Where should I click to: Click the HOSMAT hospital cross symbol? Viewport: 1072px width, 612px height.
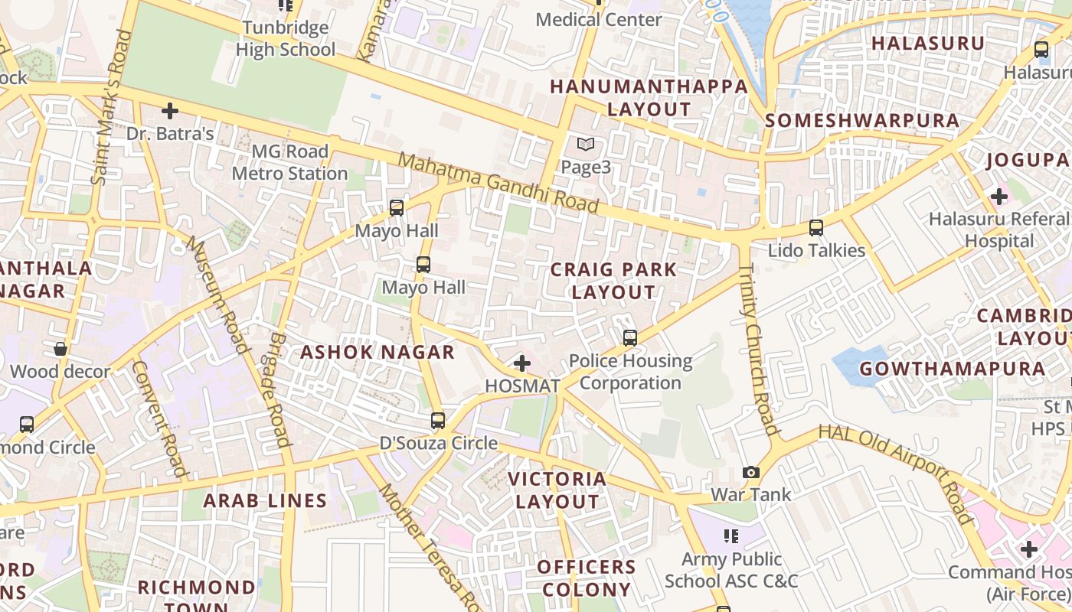(x=522, y=363)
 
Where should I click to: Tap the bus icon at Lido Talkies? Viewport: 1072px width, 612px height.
(x=816, y=227)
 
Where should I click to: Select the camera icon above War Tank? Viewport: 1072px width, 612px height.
(x=751, y=472)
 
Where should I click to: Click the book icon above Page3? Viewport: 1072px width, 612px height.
(x=586, y=144)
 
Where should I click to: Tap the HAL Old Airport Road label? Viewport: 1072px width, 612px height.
(x=895, y=474)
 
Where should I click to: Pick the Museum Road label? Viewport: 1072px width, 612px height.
(x=219, y=295)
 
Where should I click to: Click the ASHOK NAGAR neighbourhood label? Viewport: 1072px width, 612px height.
(x=377, y=352)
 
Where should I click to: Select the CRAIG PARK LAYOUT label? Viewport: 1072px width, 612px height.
(x=613, y=281)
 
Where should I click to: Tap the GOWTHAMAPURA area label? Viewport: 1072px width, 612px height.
(x=952, y=369)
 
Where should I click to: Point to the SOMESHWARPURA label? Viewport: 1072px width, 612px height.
(x=861, y=120)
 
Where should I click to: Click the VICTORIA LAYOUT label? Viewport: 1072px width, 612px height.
(x=557, y=490)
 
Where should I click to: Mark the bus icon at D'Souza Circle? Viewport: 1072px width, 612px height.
(x=438, y=420)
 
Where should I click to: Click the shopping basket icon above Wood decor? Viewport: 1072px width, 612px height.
(x=60, y=350)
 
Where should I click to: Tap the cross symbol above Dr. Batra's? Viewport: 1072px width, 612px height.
(x=170, y=111)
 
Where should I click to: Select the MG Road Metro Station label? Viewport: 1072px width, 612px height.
(x=289, y=162)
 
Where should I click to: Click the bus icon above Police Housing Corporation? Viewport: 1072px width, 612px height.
(x=630, y=337)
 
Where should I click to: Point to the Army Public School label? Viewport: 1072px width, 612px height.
(x=731, y=570)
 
